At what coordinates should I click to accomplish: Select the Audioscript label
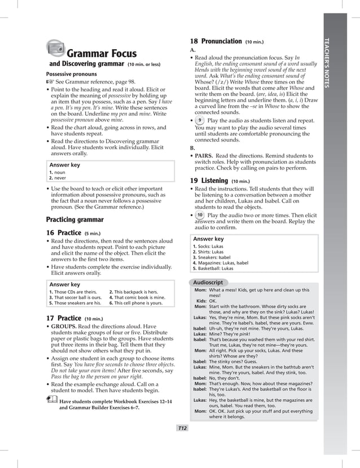(x=208, y=282)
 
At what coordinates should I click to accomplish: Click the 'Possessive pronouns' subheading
(x=71, y=74)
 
